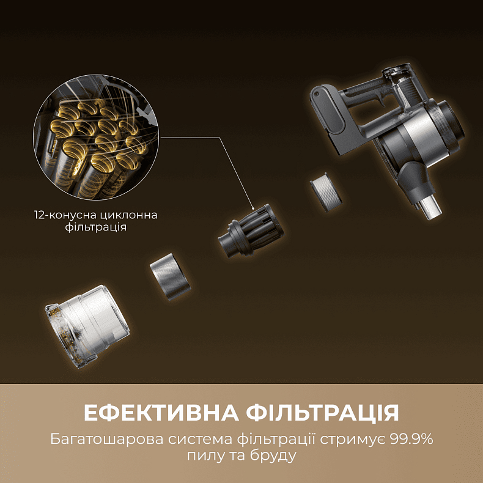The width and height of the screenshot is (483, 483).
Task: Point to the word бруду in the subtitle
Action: pos(277,457)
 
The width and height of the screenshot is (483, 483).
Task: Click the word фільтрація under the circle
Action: pos(95,227)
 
